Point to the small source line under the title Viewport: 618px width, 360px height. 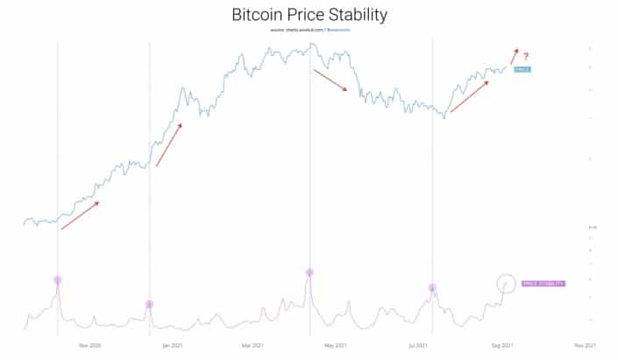[309, 31]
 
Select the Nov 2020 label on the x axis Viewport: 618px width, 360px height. [89, 346]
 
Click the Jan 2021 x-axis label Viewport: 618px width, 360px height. [172, 346]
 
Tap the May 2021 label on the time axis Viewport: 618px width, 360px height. [334, 346]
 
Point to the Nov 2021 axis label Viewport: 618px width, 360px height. [585, 346]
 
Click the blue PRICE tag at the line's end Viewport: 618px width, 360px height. [523, 68]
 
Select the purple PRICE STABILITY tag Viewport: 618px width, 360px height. [543, 284]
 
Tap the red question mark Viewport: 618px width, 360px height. [526, 57]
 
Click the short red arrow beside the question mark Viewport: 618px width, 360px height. [514, 57]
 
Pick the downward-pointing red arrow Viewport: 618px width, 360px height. [330, 80]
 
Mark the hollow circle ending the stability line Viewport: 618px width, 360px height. [506, 283]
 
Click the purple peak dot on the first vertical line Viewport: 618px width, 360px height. [58, 280]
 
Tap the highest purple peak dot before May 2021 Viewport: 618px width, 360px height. [309, 272]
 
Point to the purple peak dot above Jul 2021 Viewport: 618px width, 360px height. [432, 287]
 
